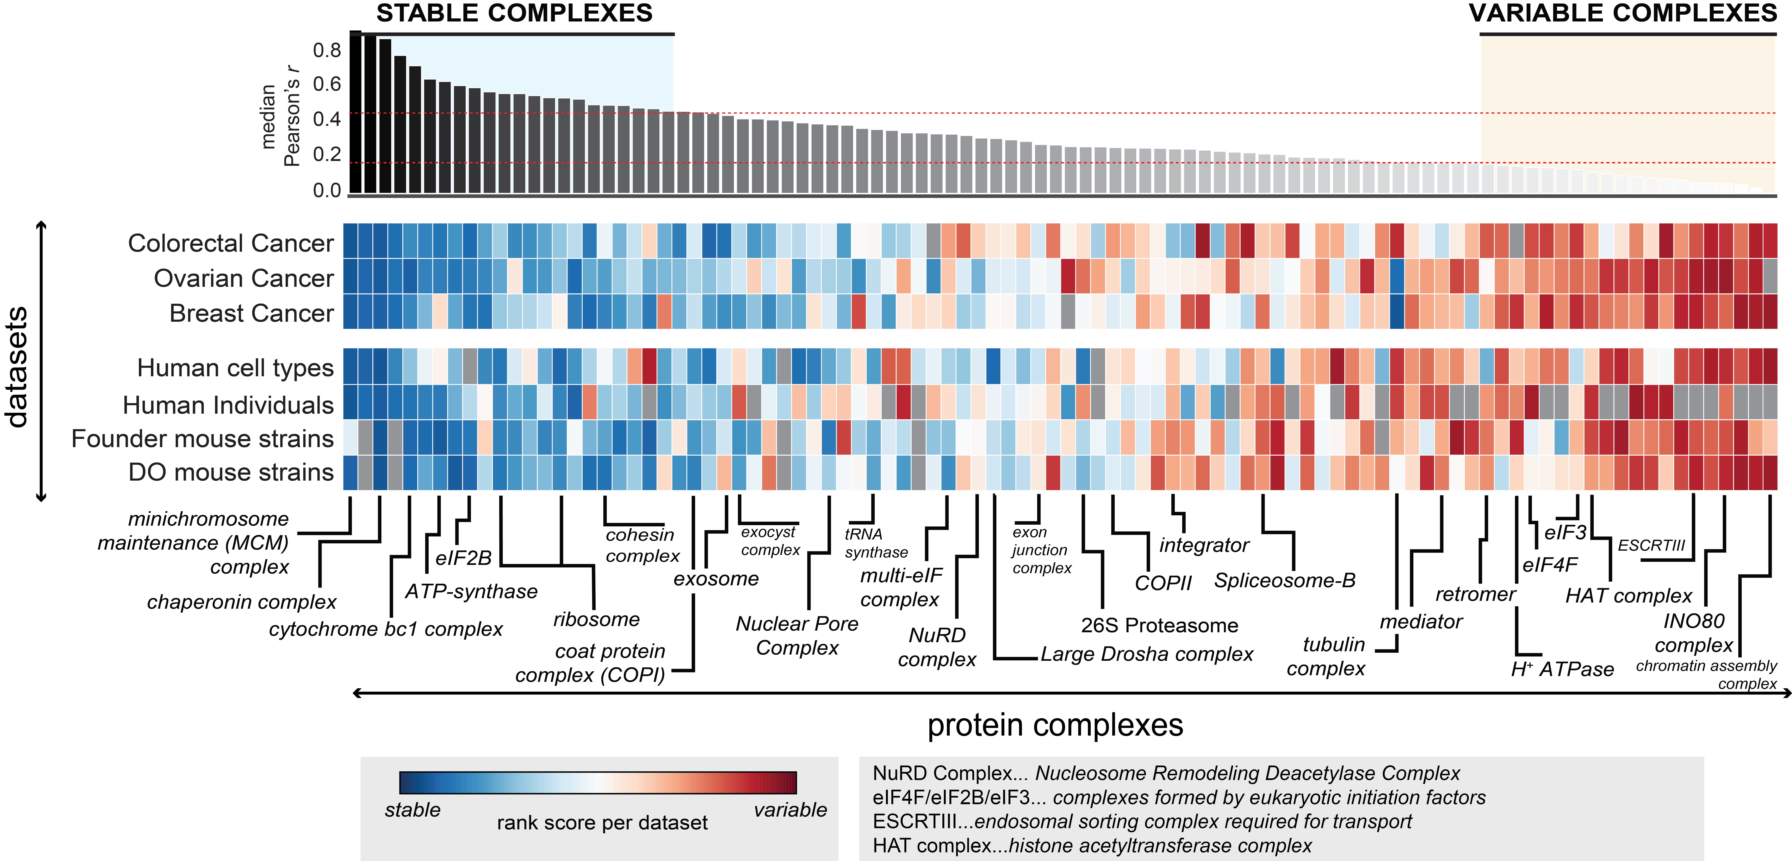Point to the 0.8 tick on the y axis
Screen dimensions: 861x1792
pos(327,50)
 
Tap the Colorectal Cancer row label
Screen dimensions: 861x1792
pos(231,243)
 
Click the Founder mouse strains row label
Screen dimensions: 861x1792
pos(203,439)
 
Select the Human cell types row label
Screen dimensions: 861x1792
pos(235,368)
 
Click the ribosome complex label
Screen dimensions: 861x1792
pos(596,619)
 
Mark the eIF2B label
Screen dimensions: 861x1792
pos(463,558)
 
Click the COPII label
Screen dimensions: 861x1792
pos(1163,583)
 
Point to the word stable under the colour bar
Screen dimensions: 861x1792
pos(413,810)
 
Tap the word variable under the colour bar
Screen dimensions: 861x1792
pos(790,810)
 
